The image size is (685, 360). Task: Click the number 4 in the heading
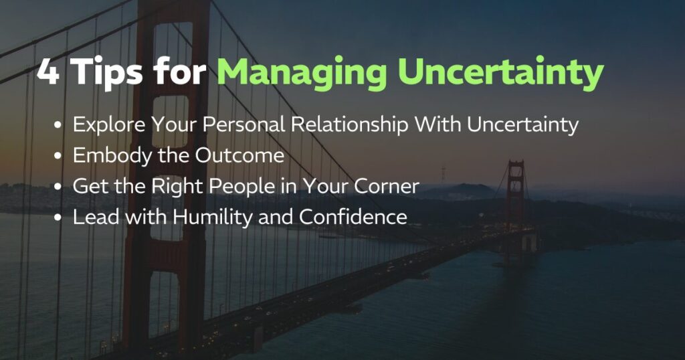(x=47, y=72)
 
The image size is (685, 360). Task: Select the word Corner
(x=387, y=187)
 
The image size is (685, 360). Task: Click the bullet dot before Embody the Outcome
(x=60, y=157)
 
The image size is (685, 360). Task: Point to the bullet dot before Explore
(x=60, y=126)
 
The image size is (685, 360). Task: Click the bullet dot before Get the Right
(x=60, y=187)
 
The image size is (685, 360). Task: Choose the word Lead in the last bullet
(x=90, y=217)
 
